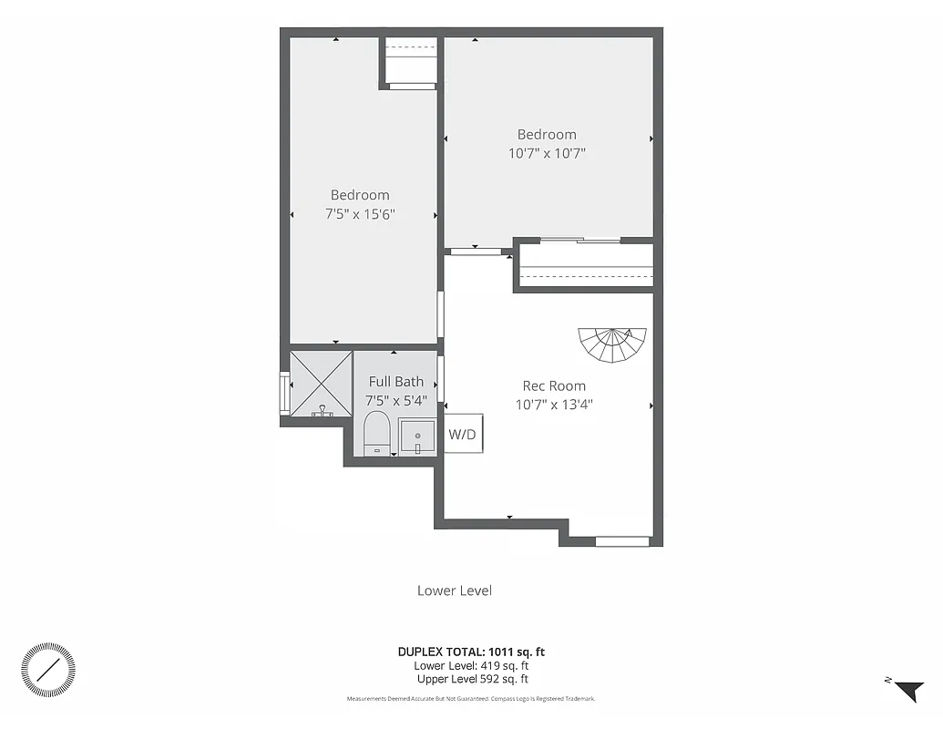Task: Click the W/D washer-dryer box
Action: [462, 434]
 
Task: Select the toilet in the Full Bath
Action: [375, 433]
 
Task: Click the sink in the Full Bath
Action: [417, 436]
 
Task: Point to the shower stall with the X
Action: [321, 383]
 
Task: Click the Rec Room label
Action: [553, 385]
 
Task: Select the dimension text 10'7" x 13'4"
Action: [553, 404]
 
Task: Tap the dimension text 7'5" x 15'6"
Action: [360, 213]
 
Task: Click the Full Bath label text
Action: [395, 382]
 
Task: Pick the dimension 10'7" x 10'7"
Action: [547, 153]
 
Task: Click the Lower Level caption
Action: [454, 590]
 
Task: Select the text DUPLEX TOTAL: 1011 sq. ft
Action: [471, 652]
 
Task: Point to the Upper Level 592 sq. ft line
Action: [472, 679]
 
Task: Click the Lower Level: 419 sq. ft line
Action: [471, 665]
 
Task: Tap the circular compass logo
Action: [48, 670]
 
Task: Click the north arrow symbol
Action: [908, 691]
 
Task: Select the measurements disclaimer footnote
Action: [471, 699]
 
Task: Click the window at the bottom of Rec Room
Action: [622, 541]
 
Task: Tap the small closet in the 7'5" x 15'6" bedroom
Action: [409, 62]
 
